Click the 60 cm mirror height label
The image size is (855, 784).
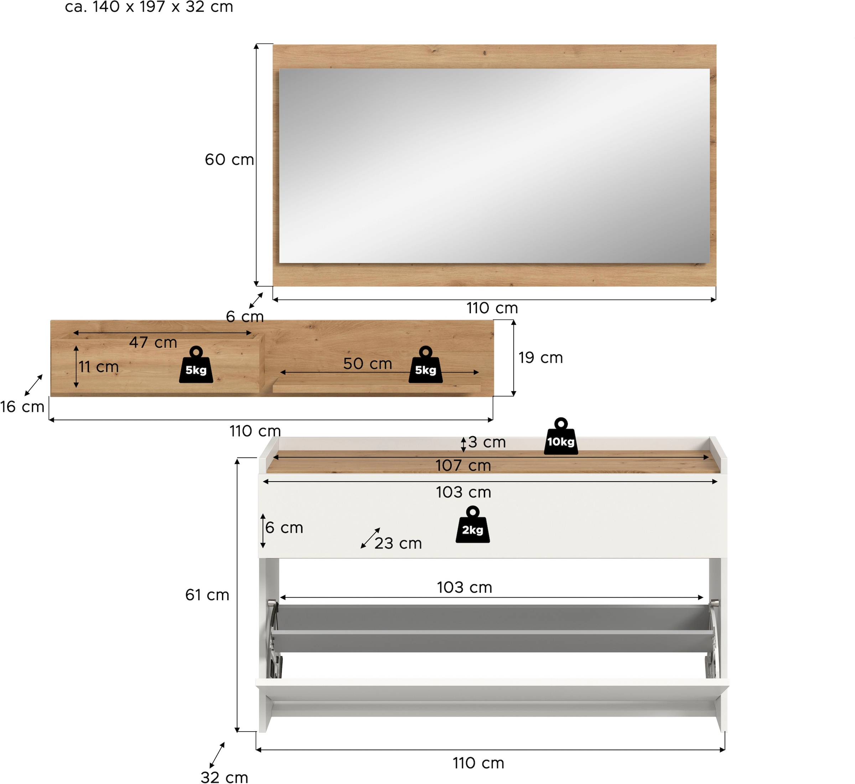229,160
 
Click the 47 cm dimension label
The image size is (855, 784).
153,342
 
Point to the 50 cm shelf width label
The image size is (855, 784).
367,364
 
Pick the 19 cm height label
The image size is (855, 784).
540,358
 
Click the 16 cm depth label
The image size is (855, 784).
22,407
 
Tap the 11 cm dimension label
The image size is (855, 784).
98,367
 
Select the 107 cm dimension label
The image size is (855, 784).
463,466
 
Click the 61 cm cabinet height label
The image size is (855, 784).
207,595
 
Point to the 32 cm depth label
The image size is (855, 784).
224,777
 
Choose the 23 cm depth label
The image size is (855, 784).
398,544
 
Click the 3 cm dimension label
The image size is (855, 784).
487,442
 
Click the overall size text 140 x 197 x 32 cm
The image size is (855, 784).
149,7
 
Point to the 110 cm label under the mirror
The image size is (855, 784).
492,308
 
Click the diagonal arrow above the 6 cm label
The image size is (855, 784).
256,300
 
